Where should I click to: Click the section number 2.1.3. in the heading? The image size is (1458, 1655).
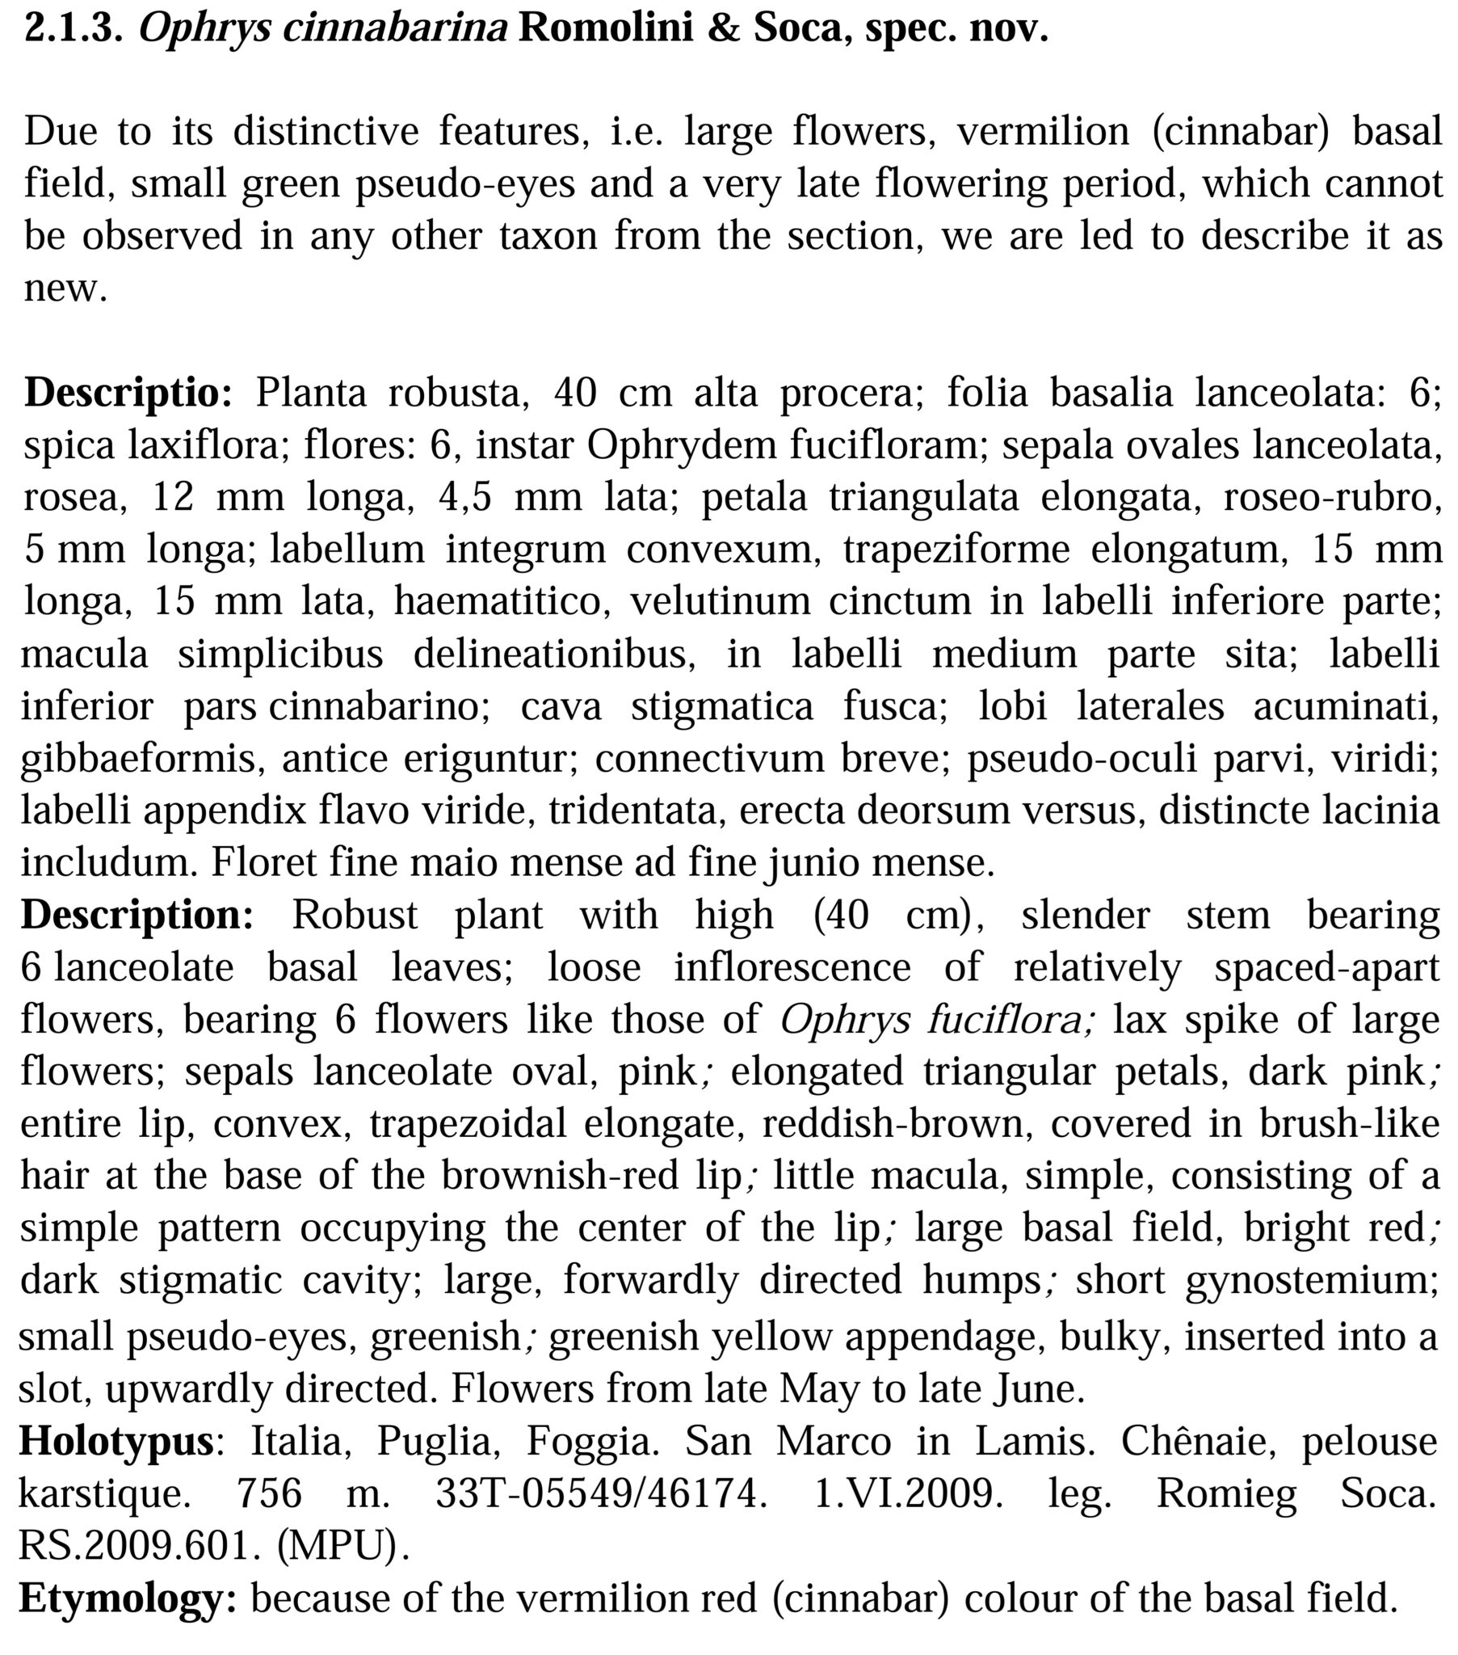tap(74, 29)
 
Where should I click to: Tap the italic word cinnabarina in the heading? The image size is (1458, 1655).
tap(323, 29)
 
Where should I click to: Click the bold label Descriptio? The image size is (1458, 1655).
tap(128, 393)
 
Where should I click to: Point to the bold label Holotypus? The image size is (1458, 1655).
tap(116, 1441)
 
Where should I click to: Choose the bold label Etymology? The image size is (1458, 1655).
tap(127, 1598)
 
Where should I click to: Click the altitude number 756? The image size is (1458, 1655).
tap(269, 1493)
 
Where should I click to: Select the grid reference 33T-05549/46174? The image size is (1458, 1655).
tap(601, 1493)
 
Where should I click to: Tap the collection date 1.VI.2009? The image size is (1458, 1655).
tap(903, 1493)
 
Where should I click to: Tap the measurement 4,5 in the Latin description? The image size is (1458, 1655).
tap(464, 497)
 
